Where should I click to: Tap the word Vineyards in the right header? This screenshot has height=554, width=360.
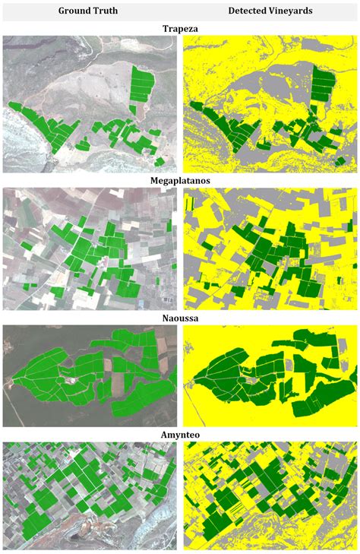[291, 11]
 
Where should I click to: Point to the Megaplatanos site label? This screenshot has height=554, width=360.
[180, 182]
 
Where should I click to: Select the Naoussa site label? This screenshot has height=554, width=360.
[180, 319]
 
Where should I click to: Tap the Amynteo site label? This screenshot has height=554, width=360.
[180, 435]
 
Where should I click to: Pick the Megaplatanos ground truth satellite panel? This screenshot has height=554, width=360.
[90, 249]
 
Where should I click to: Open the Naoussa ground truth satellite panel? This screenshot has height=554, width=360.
[90, 376]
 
